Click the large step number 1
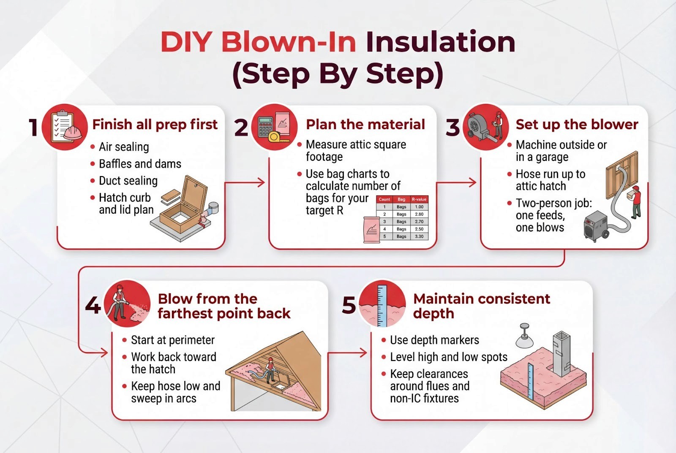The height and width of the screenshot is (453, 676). [x=33, y=127]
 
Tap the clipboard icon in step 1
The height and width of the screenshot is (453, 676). [x=62, y=127]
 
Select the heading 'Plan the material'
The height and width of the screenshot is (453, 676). [x=365, y=125]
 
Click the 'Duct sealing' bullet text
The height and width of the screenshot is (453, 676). [x=128, y=181]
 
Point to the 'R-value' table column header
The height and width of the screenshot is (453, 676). [x=419, y=199]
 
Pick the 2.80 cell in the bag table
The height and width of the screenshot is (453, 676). [x=419, y=214]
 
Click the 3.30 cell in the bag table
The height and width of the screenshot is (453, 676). [x=419, y=236]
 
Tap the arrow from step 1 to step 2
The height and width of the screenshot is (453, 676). [x=245, y=182]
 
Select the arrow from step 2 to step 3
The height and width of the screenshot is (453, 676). [x=456, y=182]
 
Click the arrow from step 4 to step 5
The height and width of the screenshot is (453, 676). [x=347, y=352]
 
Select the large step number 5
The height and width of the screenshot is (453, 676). [x=349, y=305]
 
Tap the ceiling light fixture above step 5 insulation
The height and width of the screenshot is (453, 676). [x=524, y=335]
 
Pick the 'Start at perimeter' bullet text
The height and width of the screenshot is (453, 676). [x=173, y=340]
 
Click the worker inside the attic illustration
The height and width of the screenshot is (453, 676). [x=270, y=370]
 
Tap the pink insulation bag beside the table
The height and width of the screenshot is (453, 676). [x=371, y=230]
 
